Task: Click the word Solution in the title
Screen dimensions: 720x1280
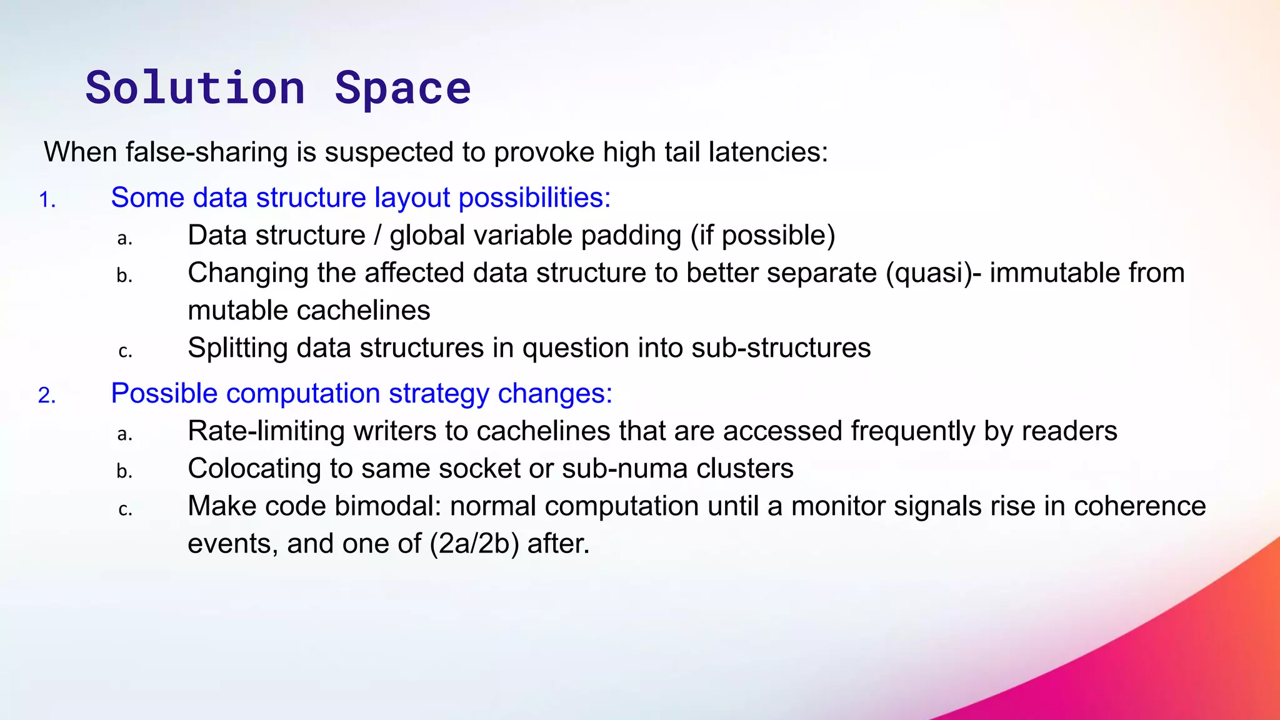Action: tap(195, 88)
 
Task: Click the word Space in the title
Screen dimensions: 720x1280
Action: tap(402, 88)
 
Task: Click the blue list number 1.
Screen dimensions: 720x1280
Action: tap(47, 200)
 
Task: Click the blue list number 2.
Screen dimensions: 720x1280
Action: tap(47, 396)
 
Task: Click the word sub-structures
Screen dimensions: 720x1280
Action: tap(781, 348)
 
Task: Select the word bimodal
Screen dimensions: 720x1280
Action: tap(387, 506)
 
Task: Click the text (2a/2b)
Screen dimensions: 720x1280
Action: tap(474, 544)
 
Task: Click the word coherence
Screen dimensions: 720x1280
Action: tap(1139, 506)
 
